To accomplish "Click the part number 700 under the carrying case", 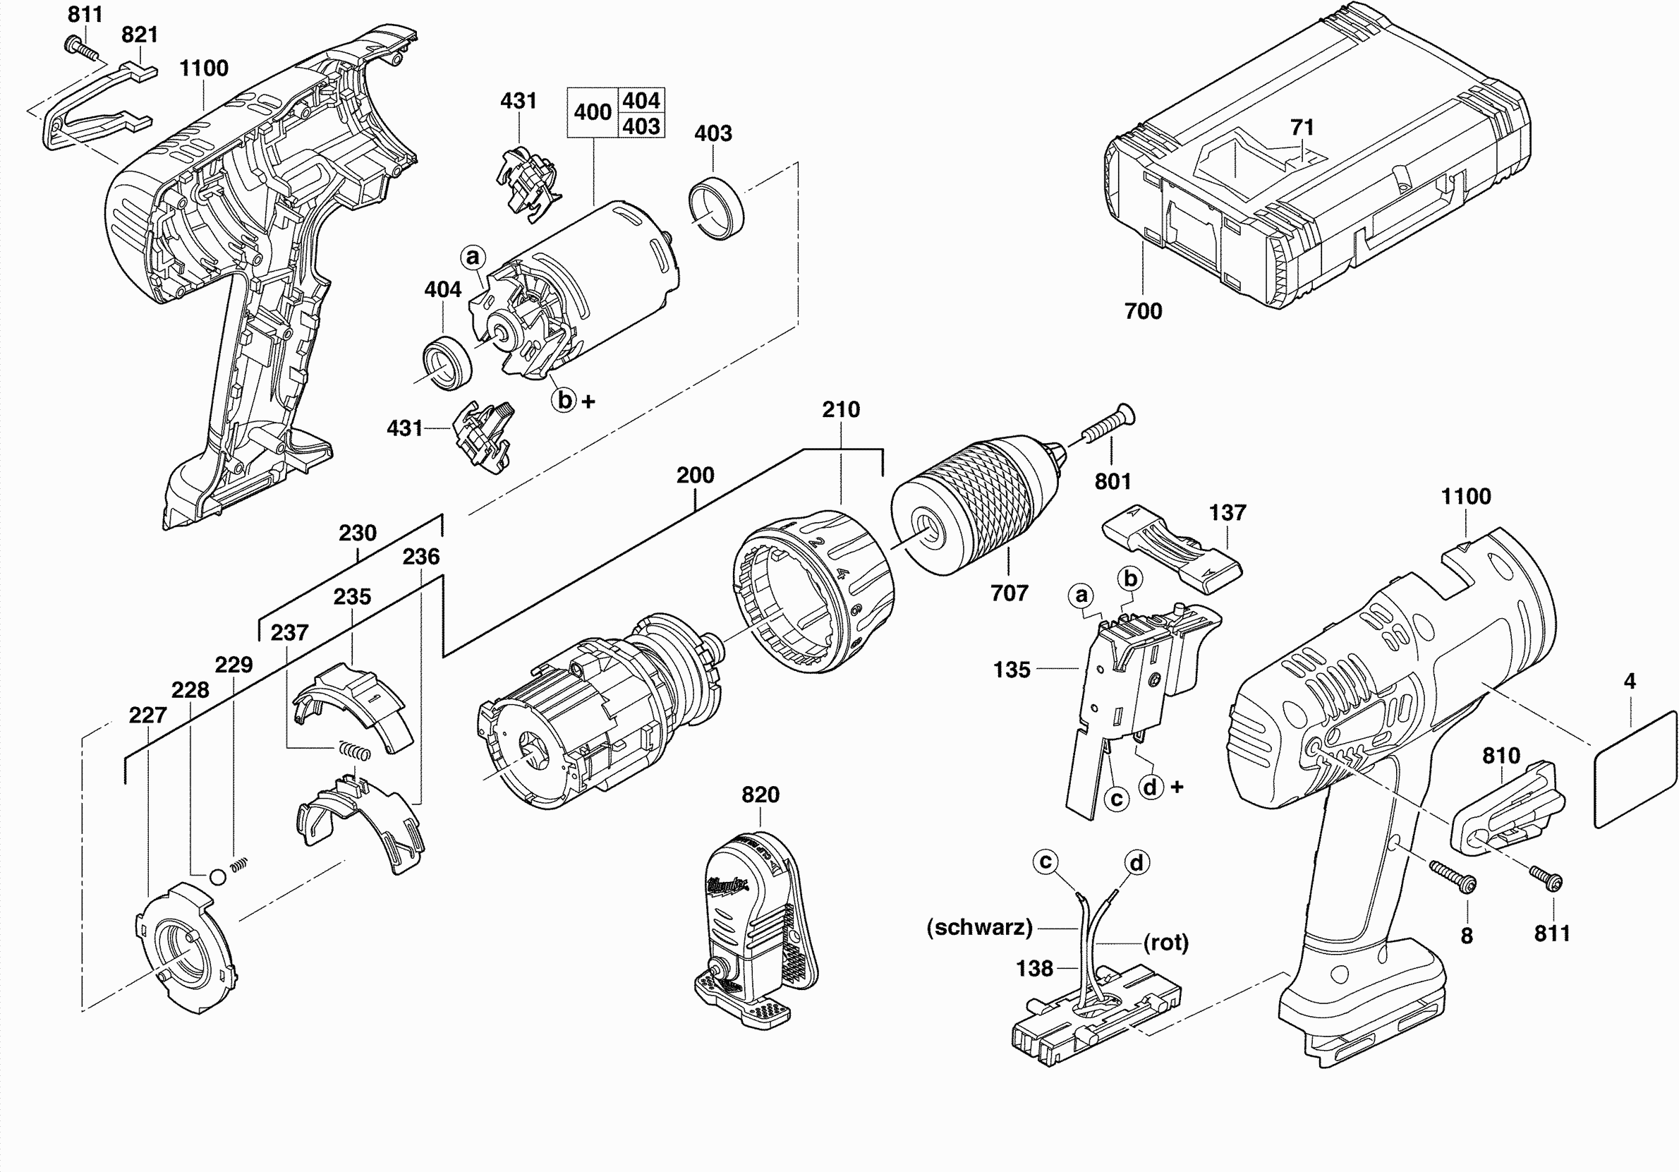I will coord(1143,311).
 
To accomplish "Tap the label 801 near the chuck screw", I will coord(1113,481).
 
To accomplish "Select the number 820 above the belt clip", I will coord(760,795).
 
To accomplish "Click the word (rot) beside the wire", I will coord(1166,942).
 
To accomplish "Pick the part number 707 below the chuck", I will coord(1009,593).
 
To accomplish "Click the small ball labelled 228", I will coord(217,876).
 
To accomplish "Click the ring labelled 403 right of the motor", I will coord(717,207).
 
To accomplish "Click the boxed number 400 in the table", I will coord(593,113).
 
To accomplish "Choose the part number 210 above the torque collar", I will coord(841,410).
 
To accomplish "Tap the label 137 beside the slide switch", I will coord(1227,513).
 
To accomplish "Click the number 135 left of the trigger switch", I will coord(1012,670).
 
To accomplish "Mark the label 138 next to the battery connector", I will coord(1034,969).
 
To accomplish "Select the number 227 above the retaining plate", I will coord(147,715).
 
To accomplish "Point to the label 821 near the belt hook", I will coord(140,35).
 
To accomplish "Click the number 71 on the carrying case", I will coord(1302,127).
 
